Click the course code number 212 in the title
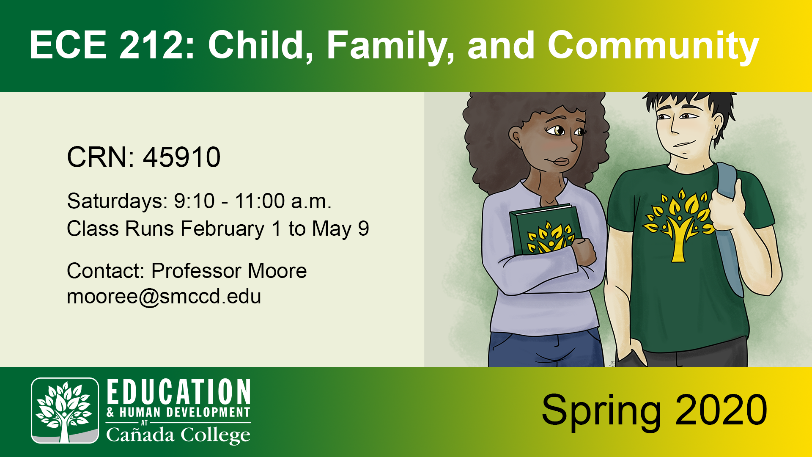[151, 45]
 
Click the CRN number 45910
[182, 157]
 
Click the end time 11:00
[260, 201]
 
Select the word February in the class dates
[222, 229]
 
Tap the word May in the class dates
[332, 229]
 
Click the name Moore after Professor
[277, 271]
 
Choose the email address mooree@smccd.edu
[164, 296]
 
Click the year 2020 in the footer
[721, 410]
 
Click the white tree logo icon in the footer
[65, 410]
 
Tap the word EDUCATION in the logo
[178, 392]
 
